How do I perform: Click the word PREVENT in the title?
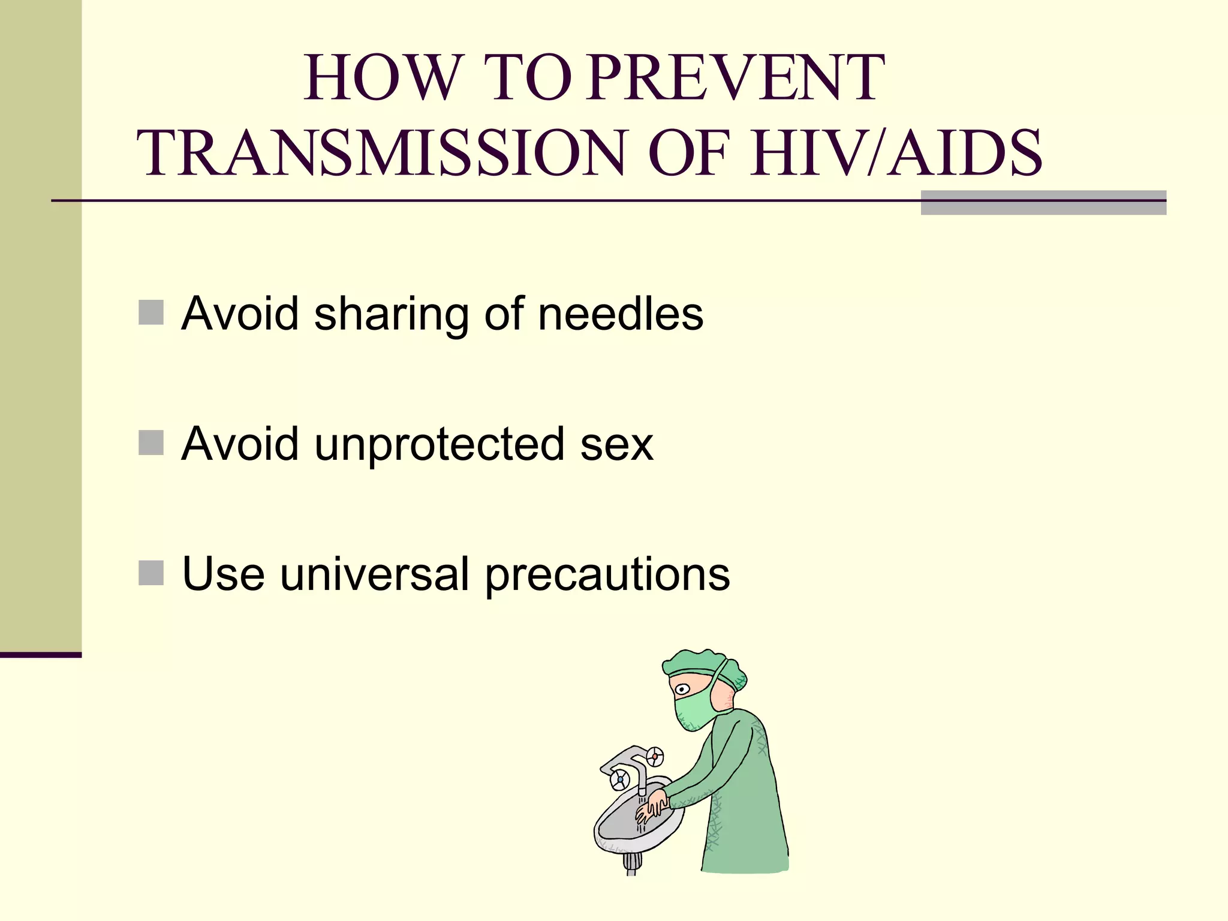click(x=735, y=78)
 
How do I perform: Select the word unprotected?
click(x=440, y=445)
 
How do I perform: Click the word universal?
click(x=375, y=574)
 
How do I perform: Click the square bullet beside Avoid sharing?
click(x=151, y=312)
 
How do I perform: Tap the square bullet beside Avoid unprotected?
click(x=151, y=443)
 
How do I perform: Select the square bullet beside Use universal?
click(x=151, y=573)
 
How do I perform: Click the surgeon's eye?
click(x=682, y=689)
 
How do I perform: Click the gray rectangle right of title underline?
click(x=1043, y=203)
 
